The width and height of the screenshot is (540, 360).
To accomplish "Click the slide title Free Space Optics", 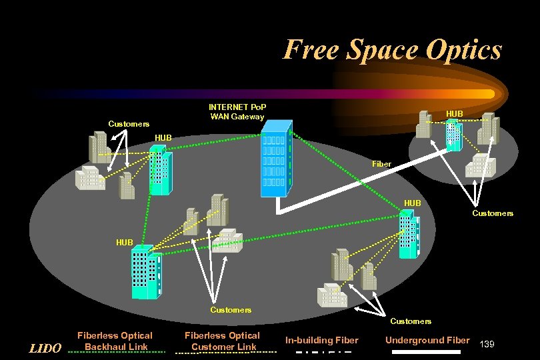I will click(x=392, y=49).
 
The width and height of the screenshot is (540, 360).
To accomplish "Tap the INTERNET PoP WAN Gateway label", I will click(x=238, y=112).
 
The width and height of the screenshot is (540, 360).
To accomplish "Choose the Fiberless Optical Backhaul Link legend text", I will click(x=115, y=341).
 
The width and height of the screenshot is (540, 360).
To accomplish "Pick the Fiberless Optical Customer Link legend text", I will click(x=222, y=341).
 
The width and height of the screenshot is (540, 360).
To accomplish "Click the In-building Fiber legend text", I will click(x=322, y=341).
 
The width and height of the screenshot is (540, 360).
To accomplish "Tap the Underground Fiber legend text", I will click(x=427, y=340).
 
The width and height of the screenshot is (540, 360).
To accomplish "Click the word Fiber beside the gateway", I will click(x=382, y=163).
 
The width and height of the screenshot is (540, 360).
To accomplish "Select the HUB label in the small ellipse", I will click(x=455, y=115).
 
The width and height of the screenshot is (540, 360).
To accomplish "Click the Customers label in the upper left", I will click(x=129, y=124).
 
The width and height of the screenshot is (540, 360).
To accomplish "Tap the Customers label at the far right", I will click(x=493, y=213).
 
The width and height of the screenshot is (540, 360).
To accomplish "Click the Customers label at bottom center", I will click(x=231, y=309).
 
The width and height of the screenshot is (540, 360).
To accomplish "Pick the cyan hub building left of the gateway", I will click(x=160, y=171).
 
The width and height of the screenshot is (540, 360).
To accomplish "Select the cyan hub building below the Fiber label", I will click(x=408, y=233).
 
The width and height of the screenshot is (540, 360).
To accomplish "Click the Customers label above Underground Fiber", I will click(x=411, y=321).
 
